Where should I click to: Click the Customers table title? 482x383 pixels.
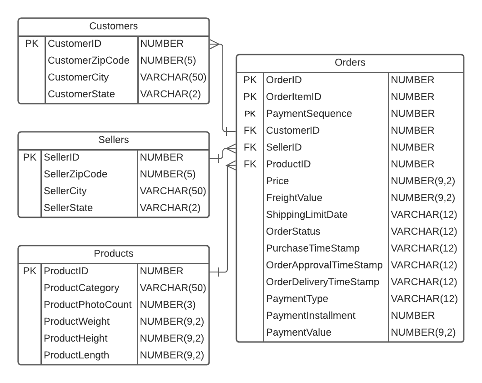[x=113, y=26]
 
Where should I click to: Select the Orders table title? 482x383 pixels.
[x=350, y=63]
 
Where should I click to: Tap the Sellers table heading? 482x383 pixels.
[x=113, y=140]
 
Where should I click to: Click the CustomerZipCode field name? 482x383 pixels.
[x=88, y=60]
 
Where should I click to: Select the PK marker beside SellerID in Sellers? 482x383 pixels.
[x=30, y=157]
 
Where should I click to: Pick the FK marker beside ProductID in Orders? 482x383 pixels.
[x=250, y=164]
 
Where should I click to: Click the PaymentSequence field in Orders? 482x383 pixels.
[x=309, y=114]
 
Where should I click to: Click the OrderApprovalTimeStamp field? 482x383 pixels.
[x=324, y=265]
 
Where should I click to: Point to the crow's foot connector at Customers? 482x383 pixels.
[x=214, y=44]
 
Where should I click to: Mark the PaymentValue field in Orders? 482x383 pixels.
[x=298, y=333]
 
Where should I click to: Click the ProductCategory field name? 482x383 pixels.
[x=81, y=288]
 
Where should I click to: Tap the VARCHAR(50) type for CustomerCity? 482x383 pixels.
[x=173, y=77]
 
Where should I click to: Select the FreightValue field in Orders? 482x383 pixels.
[x=294, y=198]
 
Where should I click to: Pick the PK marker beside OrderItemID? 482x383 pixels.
[x=250, y=97]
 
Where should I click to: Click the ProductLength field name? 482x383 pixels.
[x=76, y=355]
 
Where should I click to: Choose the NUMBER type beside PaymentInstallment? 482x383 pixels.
[x=412, y=316]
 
